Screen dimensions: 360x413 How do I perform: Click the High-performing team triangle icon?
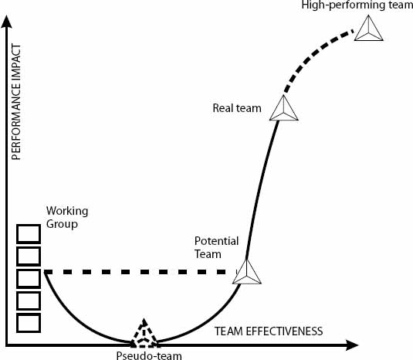368,29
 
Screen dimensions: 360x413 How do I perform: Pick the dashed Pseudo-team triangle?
143,334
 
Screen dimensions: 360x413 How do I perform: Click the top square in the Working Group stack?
29,233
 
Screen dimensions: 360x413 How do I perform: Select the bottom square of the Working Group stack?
29,322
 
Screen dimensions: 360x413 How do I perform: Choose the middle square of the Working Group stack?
29,277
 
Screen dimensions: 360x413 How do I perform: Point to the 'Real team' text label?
237,108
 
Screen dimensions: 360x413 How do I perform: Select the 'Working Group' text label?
67,217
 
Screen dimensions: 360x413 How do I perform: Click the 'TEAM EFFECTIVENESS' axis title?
268,331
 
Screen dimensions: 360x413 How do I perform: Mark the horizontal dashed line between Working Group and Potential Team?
139,272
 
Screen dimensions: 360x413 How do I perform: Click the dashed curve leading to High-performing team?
313,57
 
